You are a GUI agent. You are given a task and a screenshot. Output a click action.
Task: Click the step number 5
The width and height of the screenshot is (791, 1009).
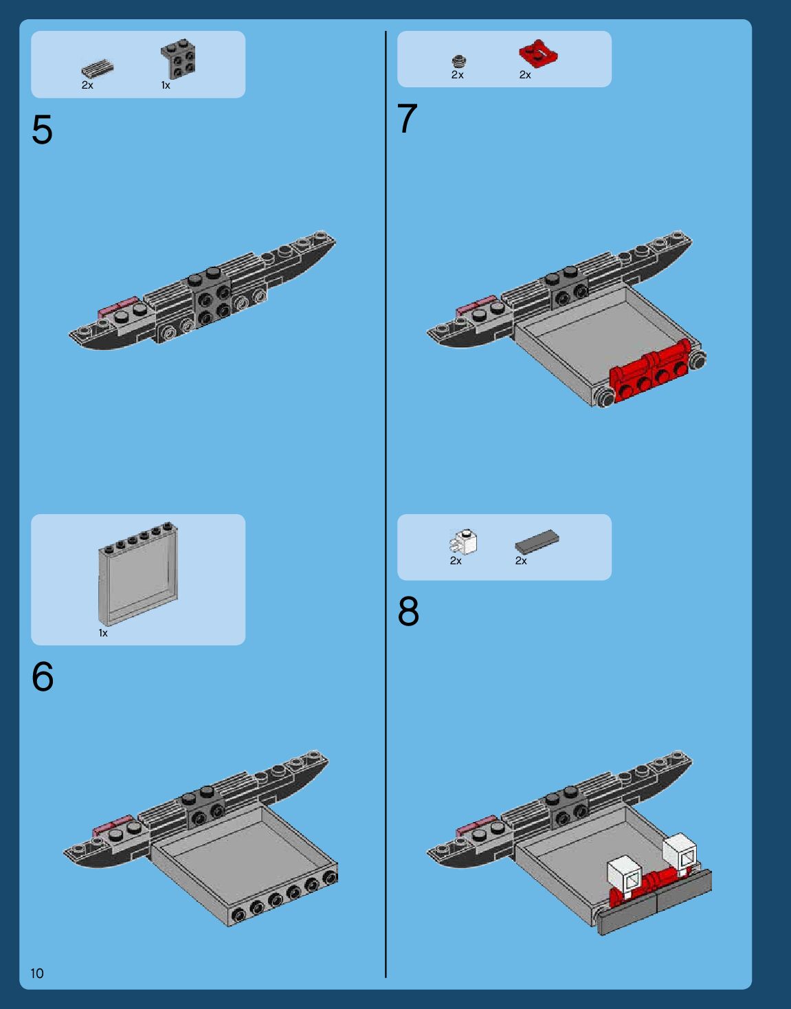pyautogui.click(x=42, y=130)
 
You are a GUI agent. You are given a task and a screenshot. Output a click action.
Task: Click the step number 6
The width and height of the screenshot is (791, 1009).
pyautogui.click(x=43, y=677)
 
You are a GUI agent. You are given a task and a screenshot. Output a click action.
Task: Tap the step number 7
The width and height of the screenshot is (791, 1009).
pyautogui.click(x=408, y=119)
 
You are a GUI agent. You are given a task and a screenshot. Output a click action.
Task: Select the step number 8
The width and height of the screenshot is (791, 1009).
pyautogui.click(x=408, y=611)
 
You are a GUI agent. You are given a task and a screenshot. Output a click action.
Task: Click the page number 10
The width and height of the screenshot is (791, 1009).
pyautogui.click(x=37, y=973)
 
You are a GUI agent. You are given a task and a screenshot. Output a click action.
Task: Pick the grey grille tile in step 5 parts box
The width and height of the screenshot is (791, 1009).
pyautogui.click(x=97, y=69)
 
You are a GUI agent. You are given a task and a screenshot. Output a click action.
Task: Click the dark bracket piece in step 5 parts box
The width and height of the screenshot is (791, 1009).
pyautogui.click(x=179, y=58)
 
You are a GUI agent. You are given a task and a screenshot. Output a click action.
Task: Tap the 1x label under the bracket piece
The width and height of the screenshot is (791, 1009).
pyautogui.click(x=166, y=85)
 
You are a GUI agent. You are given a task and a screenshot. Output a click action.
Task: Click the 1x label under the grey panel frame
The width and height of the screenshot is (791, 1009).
pyautogui.click(x=103, y=633)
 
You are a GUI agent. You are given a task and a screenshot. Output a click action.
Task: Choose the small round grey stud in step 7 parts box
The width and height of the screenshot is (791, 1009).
pyautogui.click(x=459, y=61)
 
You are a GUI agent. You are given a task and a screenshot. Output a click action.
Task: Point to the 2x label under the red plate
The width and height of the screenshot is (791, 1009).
pyautogui.click(x=525, y=75)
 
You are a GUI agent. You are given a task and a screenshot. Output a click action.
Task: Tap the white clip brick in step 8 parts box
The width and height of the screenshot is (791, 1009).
pyautogui.click(x=465, y=542)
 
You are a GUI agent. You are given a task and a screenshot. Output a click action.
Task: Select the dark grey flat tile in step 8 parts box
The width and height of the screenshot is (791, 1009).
pyautogui.click(x=537, y=541)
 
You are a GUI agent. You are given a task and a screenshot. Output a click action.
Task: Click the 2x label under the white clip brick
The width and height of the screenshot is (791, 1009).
pyautogui.click(x=456, y=561)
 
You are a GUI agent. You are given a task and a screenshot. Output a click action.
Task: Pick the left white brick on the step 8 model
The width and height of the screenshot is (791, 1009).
pyautogui.click(x=625, y=876)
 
